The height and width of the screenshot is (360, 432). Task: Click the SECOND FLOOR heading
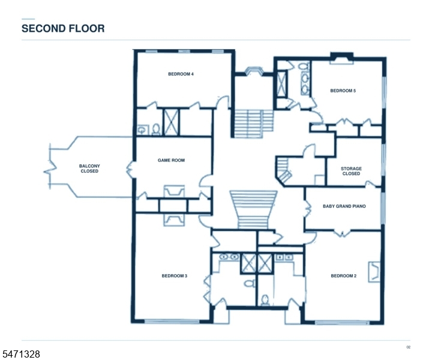pos(63,28)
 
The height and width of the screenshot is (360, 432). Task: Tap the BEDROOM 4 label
pos(181,74)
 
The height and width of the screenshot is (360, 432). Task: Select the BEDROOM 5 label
pos(343,91)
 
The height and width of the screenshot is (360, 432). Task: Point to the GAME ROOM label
pos(171,160)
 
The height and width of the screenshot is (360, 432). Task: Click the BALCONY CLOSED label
pos(89,169)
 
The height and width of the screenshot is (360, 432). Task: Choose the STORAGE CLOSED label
pos(351,171)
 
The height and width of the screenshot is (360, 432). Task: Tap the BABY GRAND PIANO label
pos(344,206)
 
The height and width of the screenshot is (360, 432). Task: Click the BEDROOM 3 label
pos(175,276)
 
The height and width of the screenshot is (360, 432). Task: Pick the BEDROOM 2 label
pos(344,276)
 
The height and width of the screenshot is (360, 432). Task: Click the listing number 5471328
pos(21,354)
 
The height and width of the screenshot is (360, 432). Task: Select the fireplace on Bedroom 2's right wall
pos(374,272)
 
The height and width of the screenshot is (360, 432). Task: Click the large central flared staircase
pos(253,209)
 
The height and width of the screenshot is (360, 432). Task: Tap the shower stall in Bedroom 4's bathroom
pos(172,122)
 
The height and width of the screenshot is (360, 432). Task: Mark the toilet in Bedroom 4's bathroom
pos(156,129)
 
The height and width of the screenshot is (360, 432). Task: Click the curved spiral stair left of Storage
pos(284,170)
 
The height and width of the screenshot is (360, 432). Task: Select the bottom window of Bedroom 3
pos(172,321)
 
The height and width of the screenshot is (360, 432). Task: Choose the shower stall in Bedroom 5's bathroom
pos(281,84)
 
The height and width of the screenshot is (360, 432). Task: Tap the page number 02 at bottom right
pos(409,347)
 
